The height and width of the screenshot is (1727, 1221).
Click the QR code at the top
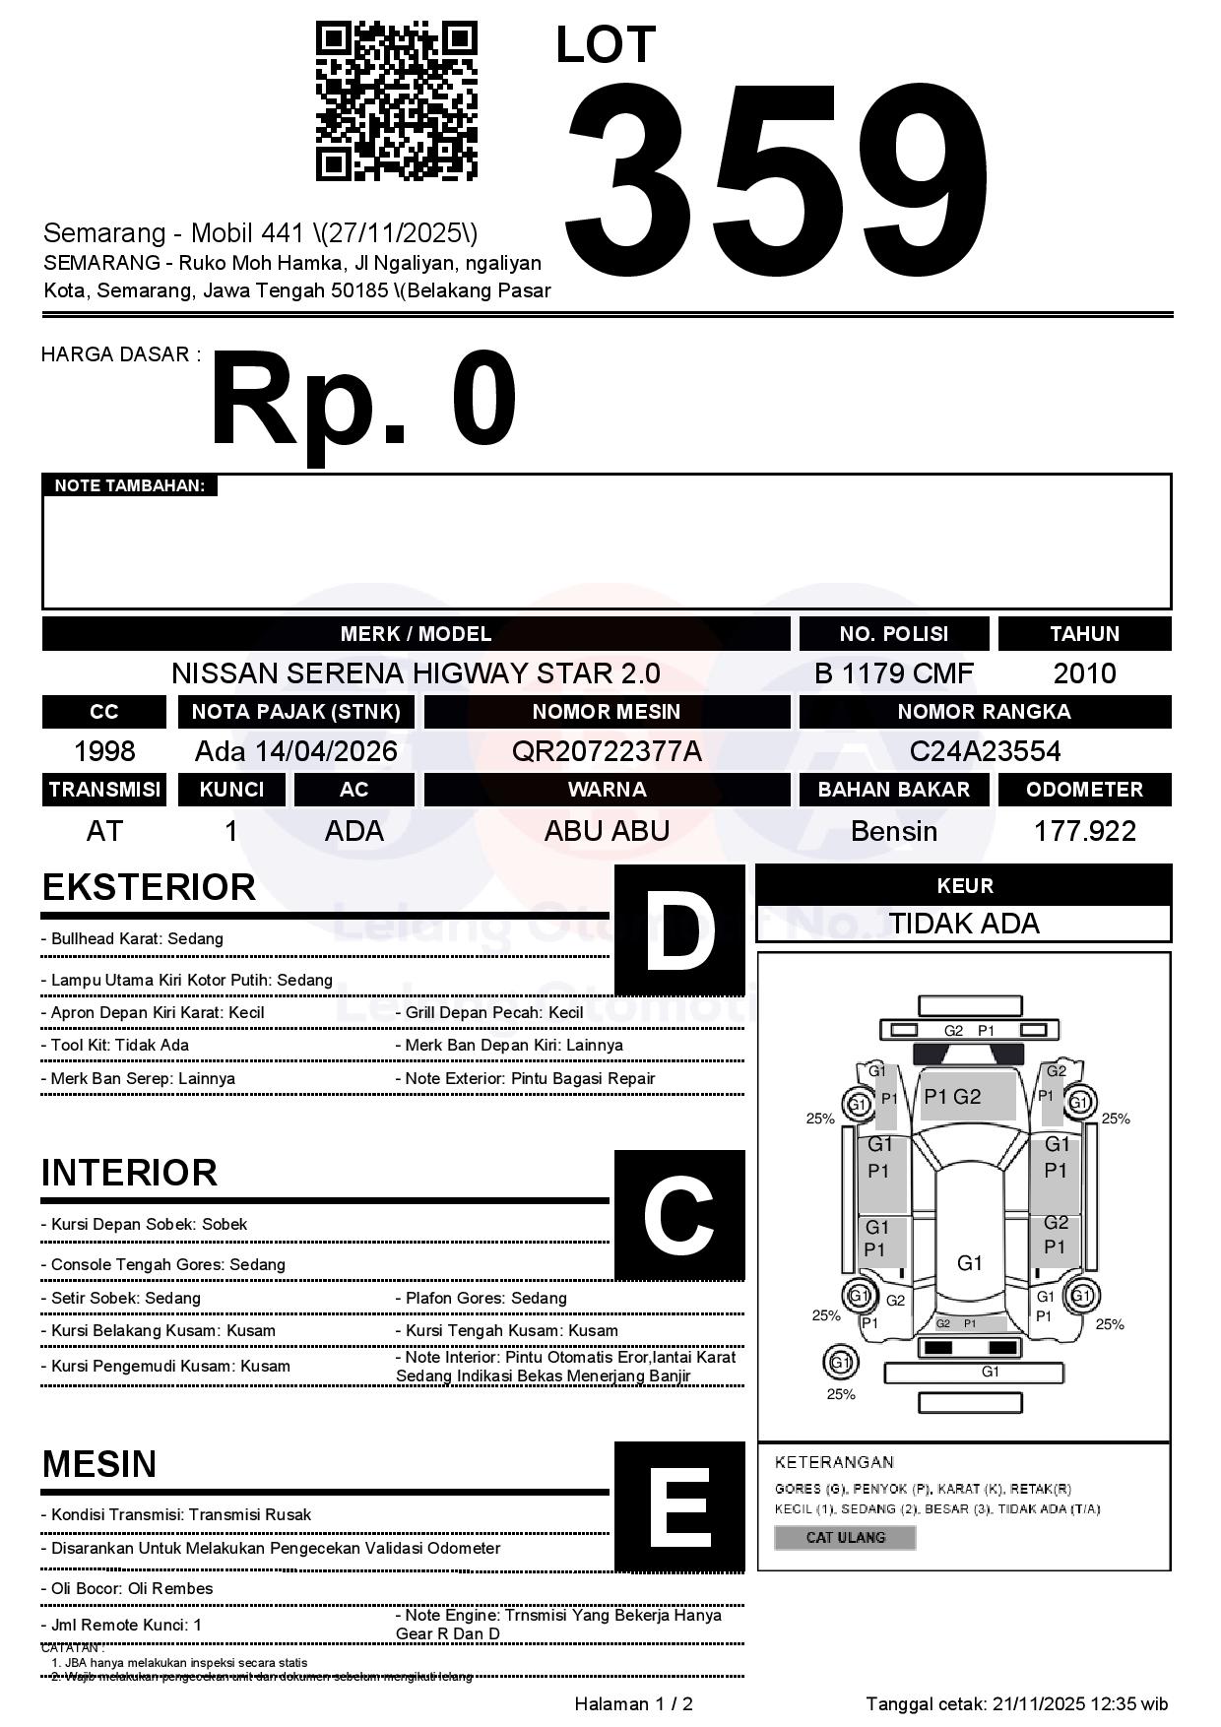click(x=396, y=101)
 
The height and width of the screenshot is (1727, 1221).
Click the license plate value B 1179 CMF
click(x=893, y=673)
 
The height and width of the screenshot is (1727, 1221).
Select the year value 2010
click(x=1084, y=673)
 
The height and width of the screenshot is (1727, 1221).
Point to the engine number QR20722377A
click(x=607, y=751)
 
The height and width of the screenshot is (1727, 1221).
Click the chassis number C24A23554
click(x=985, y=751)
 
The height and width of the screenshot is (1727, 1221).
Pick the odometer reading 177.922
click(x=1084, y=831)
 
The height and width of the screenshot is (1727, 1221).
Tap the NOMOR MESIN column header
click(x=607, y=712)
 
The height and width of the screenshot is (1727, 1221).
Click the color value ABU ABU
click(x=607, y=831)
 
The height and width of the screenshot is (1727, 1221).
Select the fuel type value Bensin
click(x=893, y=831)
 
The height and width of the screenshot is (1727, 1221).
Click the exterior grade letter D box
click(x=679, y=929)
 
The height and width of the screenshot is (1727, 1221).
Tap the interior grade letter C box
click(x=679, y=1214)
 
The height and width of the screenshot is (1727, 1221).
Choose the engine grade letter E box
click(x=679, y=1506)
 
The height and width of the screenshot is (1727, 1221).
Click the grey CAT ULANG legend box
click(x=845, y=1537)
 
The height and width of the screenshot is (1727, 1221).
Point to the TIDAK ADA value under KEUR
click(x=963, y=924)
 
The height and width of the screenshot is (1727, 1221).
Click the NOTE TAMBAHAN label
click(x=129, y=485)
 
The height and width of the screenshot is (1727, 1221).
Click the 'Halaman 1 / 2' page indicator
click(x=633, y=1703)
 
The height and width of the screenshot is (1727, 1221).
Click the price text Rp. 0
click(x=362, y=402)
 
